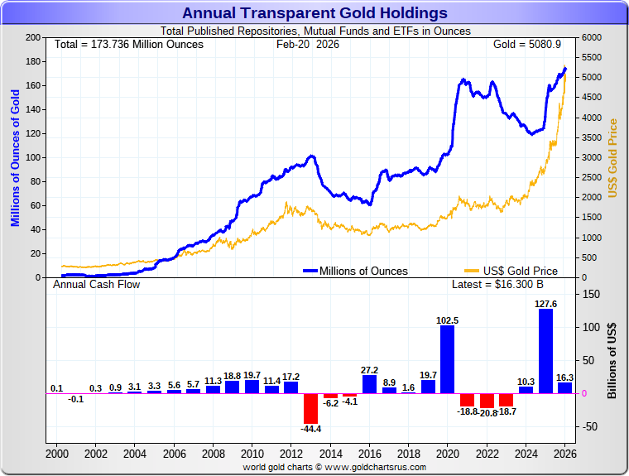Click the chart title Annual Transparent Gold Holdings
point(314,13)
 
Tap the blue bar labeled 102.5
point(447,359)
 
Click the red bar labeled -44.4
point(310,408)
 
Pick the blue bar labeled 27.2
point(369,384)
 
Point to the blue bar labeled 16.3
point(564,387)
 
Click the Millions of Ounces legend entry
point(355,271)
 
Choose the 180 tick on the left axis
point(34,62)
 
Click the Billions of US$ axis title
point(613,360)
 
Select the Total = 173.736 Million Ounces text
point(128,44)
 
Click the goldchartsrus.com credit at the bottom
point(334,467)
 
